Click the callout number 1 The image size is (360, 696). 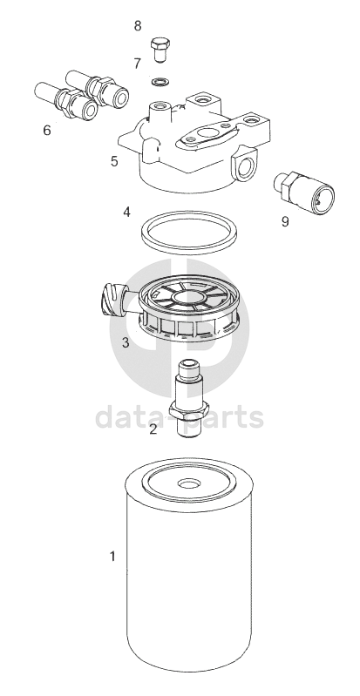[x=112, y=555]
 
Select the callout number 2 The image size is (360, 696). [x=153, y=429]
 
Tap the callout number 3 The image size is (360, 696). [x=126, y=342]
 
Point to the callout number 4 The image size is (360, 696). [x=127, y=213]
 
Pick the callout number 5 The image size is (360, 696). [x=115, y=161]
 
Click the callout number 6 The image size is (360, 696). [x=47, y=131]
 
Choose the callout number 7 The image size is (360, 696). [x=138, y=64]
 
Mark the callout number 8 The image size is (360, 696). [x=138, y=26]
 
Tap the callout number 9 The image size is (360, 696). [x=285, y=221]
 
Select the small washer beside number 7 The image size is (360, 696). [x=160, y=82]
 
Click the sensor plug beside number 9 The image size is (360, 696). [x=304, y=191]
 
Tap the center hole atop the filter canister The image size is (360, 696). [x=188, y=483]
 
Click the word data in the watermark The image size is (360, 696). [x=130, y=417]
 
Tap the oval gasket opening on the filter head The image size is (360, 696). [x=207, y=133]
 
